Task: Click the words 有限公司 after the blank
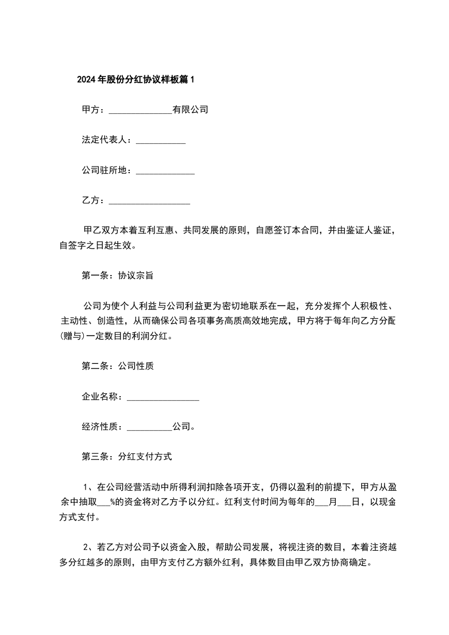point(190,110)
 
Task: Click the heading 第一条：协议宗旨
point(118,276)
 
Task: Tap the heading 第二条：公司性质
point(118,366)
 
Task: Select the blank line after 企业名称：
point(163,398)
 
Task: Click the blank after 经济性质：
point(149,428)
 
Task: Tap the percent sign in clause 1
point(112,502)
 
